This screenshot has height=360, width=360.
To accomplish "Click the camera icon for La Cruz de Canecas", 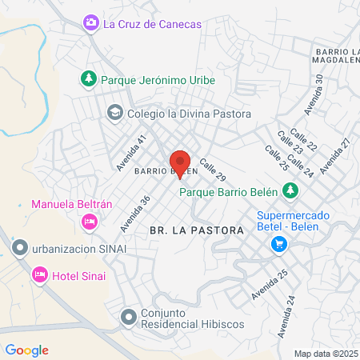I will tap(91, 24).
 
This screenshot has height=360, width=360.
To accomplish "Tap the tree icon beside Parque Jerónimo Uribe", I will tap(89, 79).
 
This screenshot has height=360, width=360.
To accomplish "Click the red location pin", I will tap(180, 162).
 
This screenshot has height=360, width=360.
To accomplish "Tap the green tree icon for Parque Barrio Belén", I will tap(292, 190).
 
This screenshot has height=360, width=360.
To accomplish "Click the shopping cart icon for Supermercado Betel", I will tap(278, 244).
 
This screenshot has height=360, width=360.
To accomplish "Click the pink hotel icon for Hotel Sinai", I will tap(39, 275).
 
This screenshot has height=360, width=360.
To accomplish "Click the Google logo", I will tap(27, 350).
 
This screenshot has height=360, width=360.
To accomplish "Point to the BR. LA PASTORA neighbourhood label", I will tap(196, 230).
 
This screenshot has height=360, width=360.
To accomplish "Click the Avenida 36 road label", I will tap(135, 214).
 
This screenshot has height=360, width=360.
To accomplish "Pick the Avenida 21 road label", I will tap(334, 155).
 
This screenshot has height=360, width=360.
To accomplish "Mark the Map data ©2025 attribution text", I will tap(326, 354).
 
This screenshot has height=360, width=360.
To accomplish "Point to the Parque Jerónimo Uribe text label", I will tap(158, 80).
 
